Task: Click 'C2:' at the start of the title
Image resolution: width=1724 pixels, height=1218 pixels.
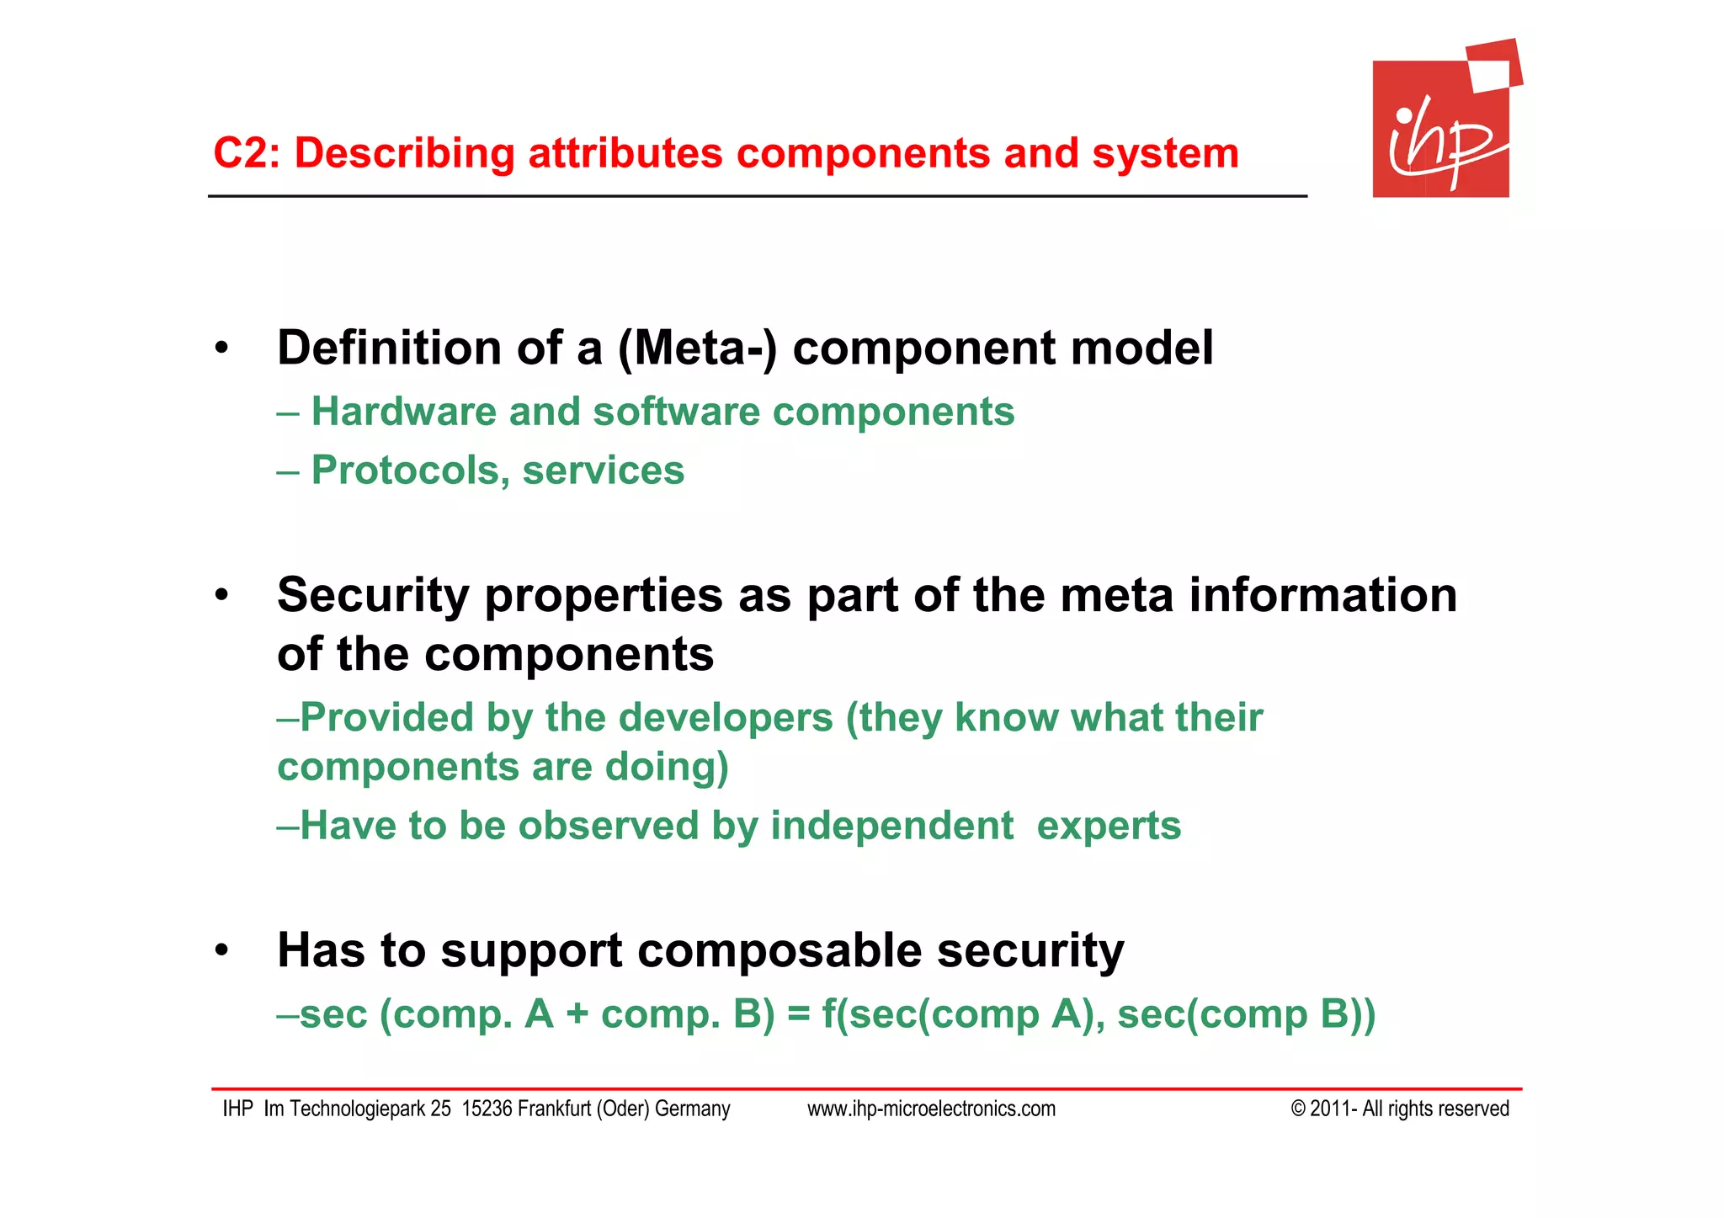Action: [246, 154]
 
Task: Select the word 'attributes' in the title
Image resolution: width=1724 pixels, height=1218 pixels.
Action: [625, 154]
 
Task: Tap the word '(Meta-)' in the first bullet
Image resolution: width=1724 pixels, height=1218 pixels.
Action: [697, 348]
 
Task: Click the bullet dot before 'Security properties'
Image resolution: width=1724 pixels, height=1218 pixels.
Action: [221, 596]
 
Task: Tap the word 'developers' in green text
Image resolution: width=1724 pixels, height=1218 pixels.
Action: [726, 718]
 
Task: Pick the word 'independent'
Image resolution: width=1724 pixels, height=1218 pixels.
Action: [892, 826]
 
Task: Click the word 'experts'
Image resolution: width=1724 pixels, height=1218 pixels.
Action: [1109, 826]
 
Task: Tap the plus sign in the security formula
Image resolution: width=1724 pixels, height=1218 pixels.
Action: [577, 1015]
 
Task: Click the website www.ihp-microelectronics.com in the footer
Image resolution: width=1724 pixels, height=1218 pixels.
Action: [931, 1109]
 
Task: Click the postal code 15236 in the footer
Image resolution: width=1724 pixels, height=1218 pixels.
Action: [487, 1109]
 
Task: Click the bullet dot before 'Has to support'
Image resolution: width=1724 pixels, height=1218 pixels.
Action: [221, 951]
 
